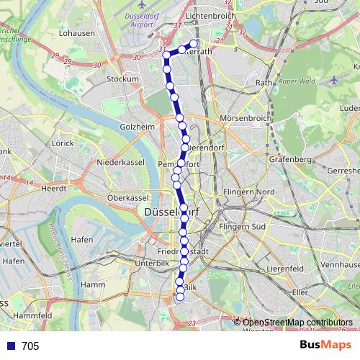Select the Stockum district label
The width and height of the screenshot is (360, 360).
coord(122,79)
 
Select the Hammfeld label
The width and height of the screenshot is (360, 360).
coord(33,315)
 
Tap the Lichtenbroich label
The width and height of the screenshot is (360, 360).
coord(211,15)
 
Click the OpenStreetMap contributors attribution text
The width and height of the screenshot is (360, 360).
coord(297,323)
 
